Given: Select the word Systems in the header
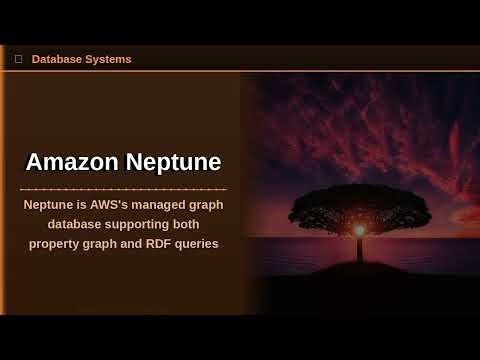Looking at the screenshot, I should pyautogui.click(x=109, y=59).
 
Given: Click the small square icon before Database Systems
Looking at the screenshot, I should pyautogui.click(x=18, y=59).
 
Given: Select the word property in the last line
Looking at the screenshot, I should pyautogui.click(x=58, y=243).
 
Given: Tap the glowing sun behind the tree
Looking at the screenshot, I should pyautogui.click(x=359, y=230).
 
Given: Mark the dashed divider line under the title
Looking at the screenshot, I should pyautogui.click(x=123, y=188).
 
